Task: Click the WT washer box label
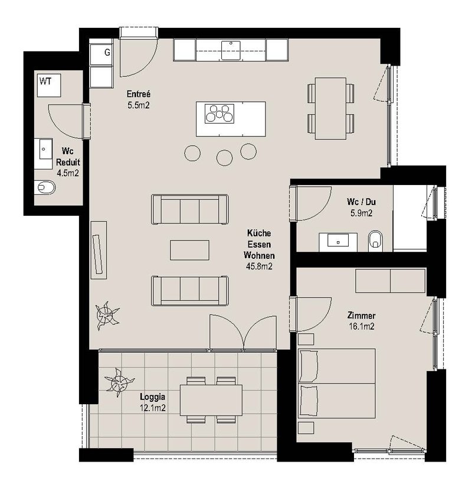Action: click(x=45, y=82)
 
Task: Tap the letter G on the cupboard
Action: click(x=107, y=53)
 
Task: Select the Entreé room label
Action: click(x=139, y=94)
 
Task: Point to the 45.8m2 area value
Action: click(x=259, y=267)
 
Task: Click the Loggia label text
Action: click(x=152, y=397)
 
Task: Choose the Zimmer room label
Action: click(x=361, y=316)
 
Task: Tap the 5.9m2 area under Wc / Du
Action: click(x=361, y=213)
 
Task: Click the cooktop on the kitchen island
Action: click(x=219, y=113)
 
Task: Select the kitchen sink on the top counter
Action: click(x=231, y=50)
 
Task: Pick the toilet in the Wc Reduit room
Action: click(x=45, y=188)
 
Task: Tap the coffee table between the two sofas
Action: click(x=189, y=250)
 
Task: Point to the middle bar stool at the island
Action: click(x=225, y=158)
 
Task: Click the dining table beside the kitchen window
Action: click(x=330, y=108)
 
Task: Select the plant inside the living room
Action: click(x=107, y=316)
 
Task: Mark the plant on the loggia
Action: click(x=119, y=382)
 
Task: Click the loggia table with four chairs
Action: click(x=211, y=400)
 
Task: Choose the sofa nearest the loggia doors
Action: click(x=190, y=291)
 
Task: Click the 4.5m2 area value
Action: click(x=68, y=173)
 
